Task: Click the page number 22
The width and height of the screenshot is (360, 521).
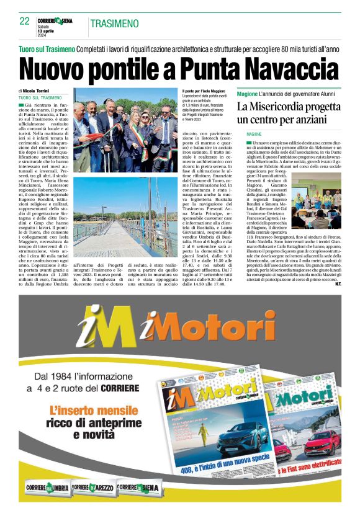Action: [24, 21]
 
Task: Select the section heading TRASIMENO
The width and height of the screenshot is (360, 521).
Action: [114, 24]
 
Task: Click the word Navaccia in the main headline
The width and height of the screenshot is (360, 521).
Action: [292, 68]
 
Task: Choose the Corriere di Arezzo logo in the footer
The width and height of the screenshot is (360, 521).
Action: [93, 488]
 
